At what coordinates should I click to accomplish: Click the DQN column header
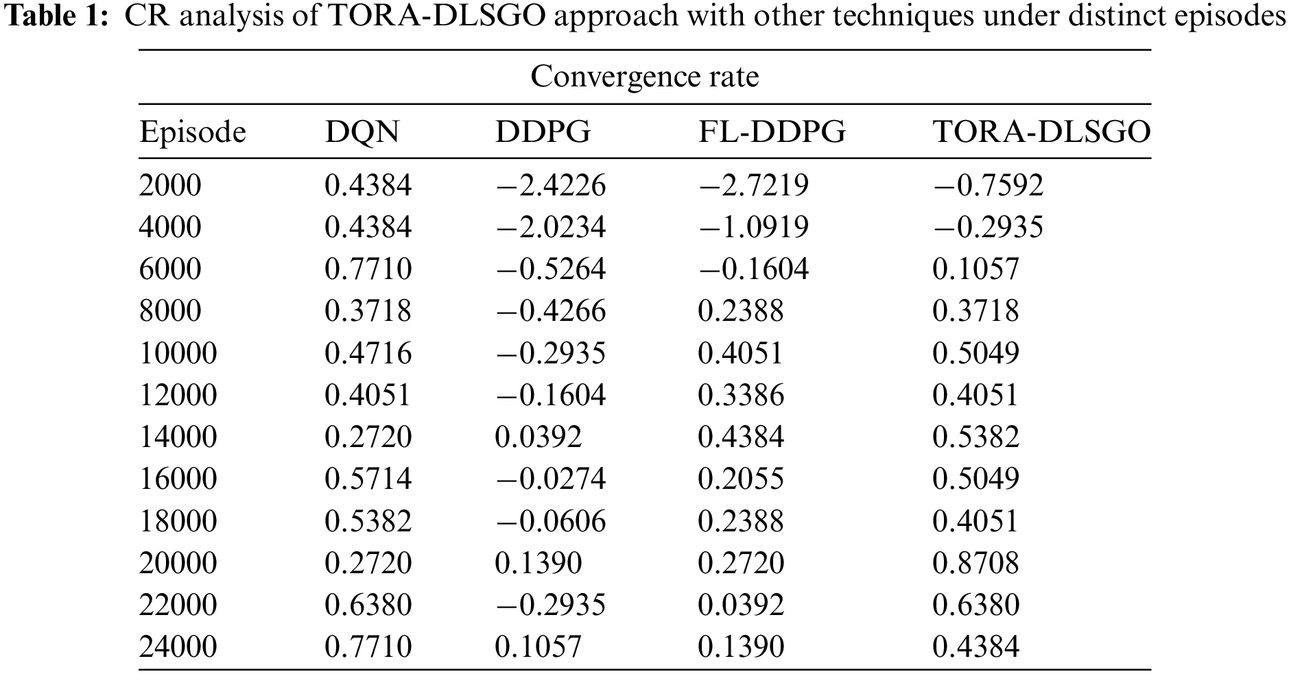click(362, 132)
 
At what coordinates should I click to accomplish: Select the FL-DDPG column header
click(772, 132)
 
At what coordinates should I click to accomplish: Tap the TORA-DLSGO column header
click(1041, 132)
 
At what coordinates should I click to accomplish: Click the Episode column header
click(192, 132)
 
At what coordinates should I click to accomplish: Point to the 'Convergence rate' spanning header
click(644, 76)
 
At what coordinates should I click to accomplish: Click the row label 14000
click(178, 437)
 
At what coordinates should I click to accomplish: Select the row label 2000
click(170, 185)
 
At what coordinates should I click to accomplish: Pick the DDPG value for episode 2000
click(550, 185)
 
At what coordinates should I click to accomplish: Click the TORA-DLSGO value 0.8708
click(975, 563)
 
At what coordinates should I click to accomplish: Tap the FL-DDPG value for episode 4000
click(753, 227)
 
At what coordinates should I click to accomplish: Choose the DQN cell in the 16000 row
click(368, 479)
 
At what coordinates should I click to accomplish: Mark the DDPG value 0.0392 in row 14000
click(538, 437)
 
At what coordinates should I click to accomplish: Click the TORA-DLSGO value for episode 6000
click(975, 269)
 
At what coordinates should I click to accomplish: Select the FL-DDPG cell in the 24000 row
click(740, 647)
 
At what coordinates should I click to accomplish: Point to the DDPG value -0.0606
click(550, 521)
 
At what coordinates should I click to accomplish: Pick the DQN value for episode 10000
click(368, 353)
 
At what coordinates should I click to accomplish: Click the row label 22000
click(178, 605)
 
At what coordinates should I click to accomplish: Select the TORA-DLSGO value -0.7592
click(988, 185)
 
